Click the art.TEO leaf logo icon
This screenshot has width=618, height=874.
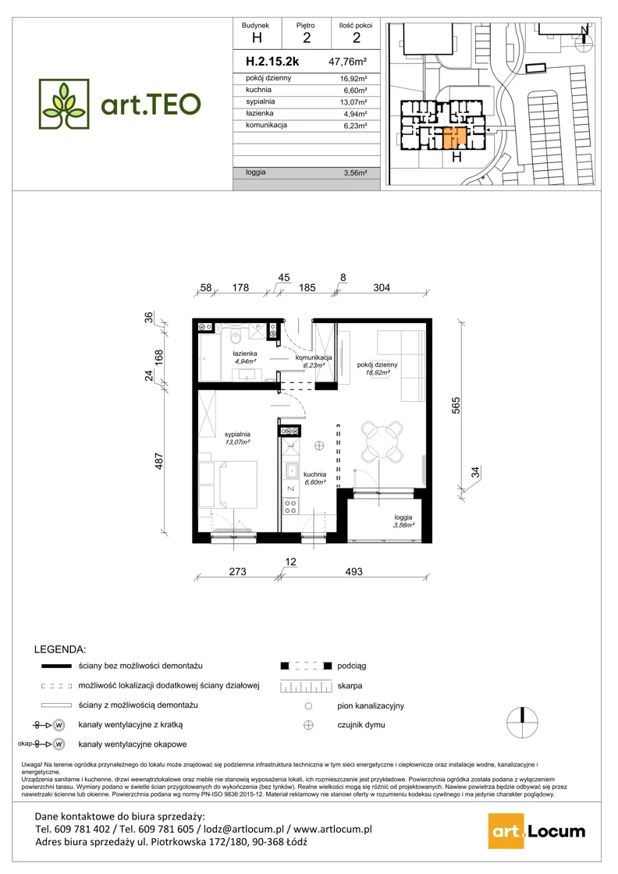64,105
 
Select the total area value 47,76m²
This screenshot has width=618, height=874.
348,62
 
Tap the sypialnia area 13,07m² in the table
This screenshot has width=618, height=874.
353,102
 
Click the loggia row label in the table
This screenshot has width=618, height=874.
256,172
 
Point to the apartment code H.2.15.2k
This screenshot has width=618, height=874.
272,62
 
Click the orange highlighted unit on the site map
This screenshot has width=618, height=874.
455,137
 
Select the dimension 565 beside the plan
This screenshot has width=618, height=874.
456,405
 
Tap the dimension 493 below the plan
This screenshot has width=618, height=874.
353,571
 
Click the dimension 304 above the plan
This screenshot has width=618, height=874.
382,288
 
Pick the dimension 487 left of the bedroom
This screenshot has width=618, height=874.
159,461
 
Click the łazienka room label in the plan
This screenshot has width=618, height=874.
245,354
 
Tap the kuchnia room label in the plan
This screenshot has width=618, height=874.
314,474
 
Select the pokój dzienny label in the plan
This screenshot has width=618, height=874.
377,364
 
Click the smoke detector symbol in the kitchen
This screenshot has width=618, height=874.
318,446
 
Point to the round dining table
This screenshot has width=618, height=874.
382,441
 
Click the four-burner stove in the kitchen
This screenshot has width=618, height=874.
290,506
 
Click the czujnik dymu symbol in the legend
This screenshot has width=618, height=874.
308,725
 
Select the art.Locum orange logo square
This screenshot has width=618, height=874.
506,832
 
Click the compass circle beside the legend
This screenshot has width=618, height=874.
522,723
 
